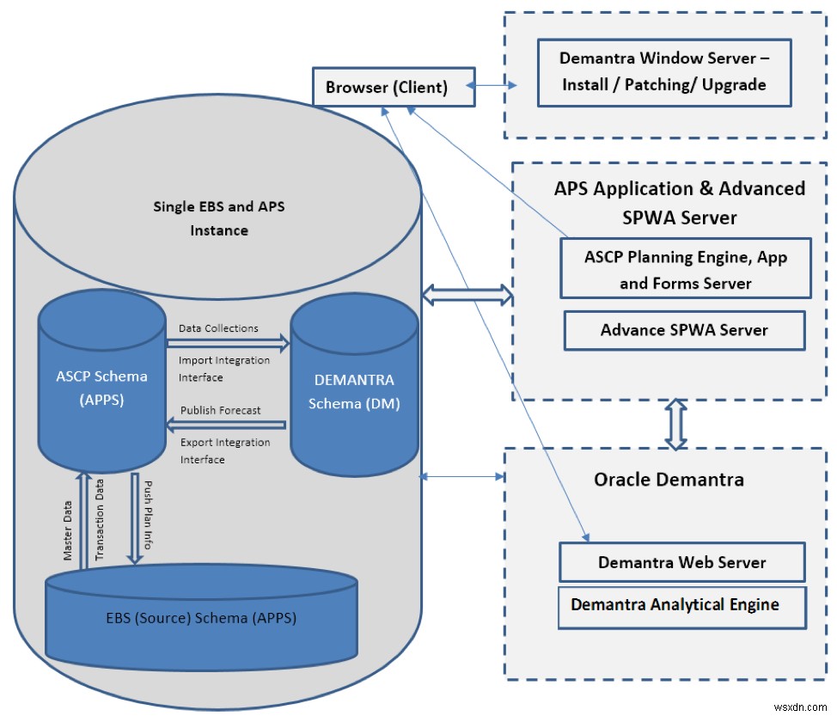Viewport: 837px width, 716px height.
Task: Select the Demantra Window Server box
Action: [663, 72]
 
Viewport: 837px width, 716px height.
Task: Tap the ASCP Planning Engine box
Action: [685, 269]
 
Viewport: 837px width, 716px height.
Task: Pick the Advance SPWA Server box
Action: [684, 330]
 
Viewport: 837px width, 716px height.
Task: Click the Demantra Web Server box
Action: [681, 563]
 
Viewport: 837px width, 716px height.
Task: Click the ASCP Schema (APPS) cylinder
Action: [101, 387]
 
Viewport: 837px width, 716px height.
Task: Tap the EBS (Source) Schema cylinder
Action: [201, 618]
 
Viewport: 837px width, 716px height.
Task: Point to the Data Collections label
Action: [218, 328]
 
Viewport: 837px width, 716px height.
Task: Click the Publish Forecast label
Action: [221, 410]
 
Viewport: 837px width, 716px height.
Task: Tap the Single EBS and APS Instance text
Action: [218, 218]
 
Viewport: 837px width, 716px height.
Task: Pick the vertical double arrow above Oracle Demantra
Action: [676, 424]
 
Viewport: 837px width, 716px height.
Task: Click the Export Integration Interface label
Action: [225, 450]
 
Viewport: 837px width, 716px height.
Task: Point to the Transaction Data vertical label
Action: [100, 519]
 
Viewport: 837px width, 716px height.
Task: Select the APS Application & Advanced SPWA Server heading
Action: [679, 203]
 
